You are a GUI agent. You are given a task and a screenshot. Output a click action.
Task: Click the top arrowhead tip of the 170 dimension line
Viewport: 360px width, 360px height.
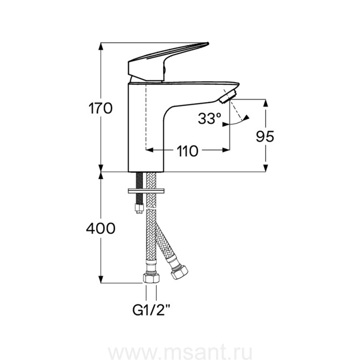101,43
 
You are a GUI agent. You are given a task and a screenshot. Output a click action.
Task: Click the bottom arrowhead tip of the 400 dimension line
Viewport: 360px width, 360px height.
101,283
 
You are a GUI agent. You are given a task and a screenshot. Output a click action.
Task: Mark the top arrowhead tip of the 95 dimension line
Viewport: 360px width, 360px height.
266,100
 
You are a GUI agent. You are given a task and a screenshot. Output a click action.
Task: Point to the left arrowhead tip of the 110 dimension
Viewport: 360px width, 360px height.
146,150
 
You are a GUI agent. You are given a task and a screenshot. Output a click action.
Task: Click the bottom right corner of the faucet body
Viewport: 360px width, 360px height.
164,172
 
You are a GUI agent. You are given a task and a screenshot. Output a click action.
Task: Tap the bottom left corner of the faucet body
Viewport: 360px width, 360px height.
128,172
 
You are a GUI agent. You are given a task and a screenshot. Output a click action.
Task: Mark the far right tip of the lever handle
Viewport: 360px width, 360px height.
208,43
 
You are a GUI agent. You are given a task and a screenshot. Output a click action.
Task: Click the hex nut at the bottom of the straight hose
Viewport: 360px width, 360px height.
151,278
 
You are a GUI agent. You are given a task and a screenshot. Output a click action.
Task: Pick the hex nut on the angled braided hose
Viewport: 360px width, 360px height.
179,272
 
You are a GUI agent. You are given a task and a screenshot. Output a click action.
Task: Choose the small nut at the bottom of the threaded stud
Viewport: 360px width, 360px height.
138,209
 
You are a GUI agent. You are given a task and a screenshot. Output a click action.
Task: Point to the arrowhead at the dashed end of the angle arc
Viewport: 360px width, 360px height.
246,118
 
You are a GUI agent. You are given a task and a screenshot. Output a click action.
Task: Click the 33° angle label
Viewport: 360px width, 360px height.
209,118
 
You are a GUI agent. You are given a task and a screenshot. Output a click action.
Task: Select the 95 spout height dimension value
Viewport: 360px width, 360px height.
265,137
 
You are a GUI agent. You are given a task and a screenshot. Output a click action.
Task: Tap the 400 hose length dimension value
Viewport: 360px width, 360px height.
101,228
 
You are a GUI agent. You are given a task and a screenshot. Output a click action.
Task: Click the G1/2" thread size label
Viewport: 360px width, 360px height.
151,310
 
